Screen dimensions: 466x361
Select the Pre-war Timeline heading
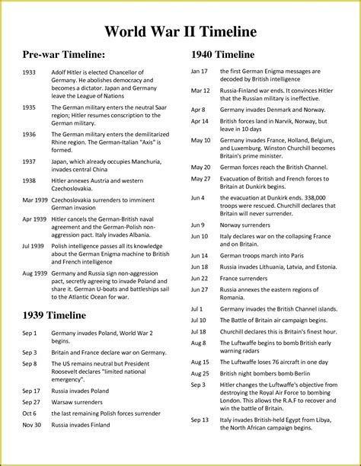(63, 55)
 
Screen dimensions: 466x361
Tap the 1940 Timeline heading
(222, 55)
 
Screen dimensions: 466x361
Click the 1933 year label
(30, 72)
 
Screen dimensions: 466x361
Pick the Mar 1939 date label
(35, 199)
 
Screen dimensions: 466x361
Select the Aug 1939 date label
(35, 273)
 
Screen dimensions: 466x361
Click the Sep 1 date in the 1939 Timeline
(30, 334)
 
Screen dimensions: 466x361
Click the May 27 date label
(200, 178)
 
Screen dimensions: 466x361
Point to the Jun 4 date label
(197, 197)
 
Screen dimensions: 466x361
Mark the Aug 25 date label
(200, 373)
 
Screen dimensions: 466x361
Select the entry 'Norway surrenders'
(246, 225)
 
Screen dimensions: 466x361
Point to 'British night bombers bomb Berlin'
(266, 373)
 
